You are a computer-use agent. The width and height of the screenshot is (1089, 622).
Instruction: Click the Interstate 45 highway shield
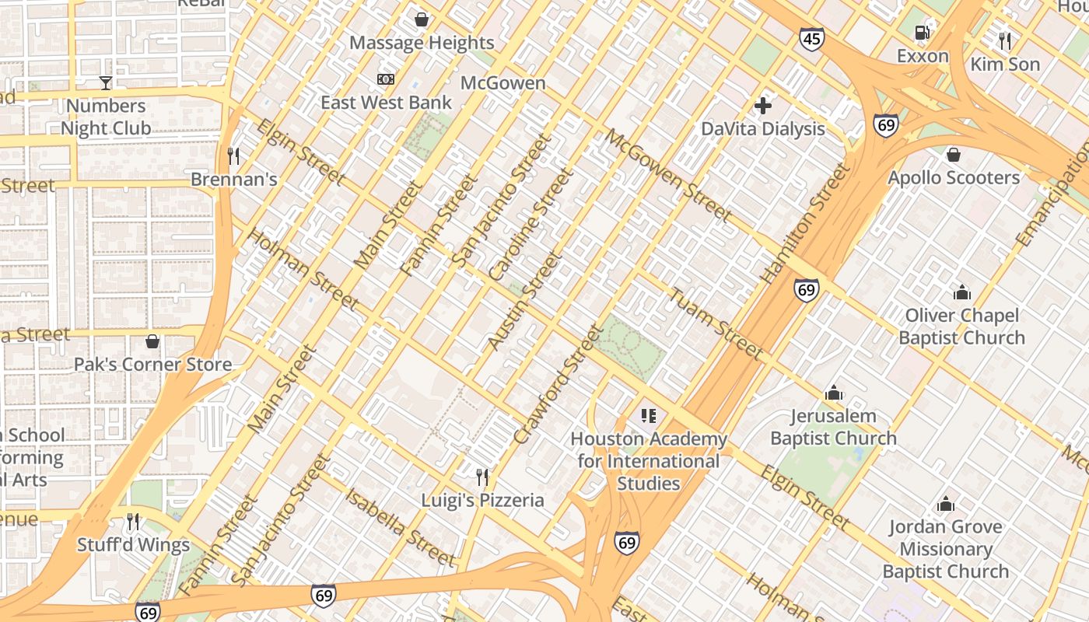(811, 38)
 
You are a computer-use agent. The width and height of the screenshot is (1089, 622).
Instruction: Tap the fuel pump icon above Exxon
(923, 32)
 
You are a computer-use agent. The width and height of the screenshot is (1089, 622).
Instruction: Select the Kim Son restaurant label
(1005, 64)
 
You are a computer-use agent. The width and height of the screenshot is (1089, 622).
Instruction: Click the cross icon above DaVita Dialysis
(763, 105)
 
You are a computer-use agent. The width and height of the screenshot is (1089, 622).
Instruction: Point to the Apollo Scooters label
(954, 177)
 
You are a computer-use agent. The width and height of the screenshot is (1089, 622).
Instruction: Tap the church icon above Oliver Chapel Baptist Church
(962, 292)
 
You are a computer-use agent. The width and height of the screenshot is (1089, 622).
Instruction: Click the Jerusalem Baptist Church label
(833, 427)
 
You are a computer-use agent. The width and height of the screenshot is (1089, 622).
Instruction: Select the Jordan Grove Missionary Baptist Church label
(945, 549)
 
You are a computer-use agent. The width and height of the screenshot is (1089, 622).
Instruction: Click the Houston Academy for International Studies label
(648, 461)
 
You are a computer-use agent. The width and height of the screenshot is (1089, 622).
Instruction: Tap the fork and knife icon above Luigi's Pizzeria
(482, 477)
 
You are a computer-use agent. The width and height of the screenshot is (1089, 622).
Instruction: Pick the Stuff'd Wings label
(133, 545)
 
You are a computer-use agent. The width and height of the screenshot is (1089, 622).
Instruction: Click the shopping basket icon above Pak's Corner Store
(152, 341)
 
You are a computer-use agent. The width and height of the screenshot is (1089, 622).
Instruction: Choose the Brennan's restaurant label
(234, 179)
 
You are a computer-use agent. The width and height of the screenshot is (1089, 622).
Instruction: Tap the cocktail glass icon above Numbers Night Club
(106, 82)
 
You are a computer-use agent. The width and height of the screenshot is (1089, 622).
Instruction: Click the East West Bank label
(386, 102)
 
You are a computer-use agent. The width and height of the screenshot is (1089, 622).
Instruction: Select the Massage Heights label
(422, 42)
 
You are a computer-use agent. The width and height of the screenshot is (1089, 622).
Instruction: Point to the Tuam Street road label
(716, 324)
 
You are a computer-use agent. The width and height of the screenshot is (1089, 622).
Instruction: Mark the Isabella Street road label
(400, 527)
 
